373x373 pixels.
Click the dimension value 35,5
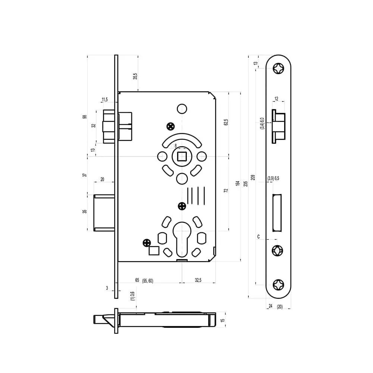tap(135, 76)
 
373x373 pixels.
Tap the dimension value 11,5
tap(105, 100)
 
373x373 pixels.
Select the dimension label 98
tap(85, 116)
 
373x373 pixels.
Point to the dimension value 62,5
tap(226, 122)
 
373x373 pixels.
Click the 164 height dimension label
tap(237, 183)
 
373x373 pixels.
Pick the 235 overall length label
tap(246, 184)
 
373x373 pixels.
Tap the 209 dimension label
tap(253, 178)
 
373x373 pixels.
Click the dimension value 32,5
tap(198, 280)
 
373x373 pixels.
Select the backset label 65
tap(137, 280)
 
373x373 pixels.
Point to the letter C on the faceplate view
tap(258, 237)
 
